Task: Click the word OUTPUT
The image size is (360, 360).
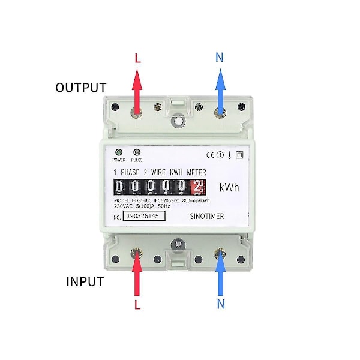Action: pos(80,88)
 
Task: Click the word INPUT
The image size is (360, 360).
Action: pos(84,282)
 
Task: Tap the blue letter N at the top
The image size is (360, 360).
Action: pos(220,58)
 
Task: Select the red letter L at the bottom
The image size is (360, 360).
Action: pos(137,304)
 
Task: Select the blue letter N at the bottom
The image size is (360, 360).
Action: pos(221,304)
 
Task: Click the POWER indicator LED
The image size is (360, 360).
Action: pos(119,152)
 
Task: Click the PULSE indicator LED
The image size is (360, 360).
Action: pos(136,152)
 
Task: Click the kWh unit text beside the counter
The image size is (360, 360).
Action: pos(229,188)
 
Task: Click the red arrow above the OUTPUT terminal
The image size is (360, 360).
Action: pos(137,90)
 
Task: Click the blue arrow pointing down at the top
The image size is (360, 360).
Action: pos(220,90)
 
